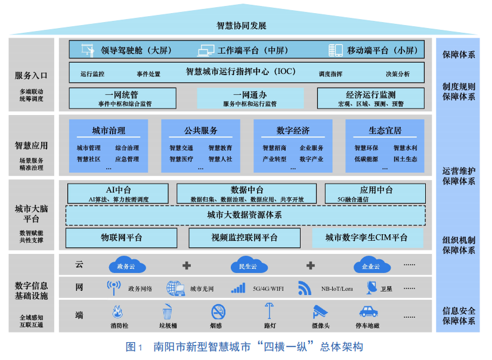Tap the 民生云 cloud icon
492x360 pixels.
point(247,266)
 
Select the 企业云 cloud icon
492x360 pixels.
point(371,266)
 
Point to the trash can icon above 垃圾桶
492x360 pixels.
point(168,311)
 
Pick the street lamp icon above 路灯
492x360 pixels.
point(270,311)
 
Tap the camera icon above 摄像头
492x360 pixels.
point(320,311)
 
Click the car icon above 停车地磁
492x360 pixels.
point(367,311)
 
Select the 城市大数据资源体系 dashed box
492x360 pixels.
point(245,215)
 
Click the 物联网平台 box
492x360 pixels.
point(122,237)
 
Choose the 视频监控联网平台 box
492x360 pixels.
point(245,237)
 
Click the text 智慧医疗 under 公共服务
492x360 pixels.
point(181,159)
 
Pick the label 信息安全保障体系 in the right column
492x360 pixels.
point(459,316)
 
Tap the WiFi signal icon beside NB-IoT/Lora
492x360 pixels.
point(305,288)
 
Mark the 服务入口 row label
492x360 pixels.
point(31,76)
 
